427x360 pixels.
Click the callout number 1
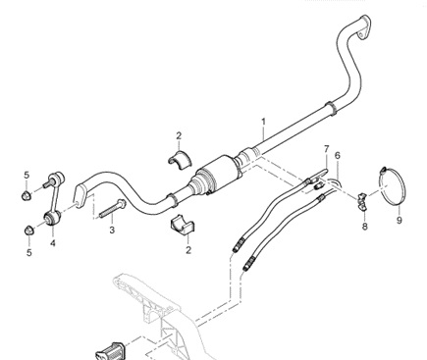pos(263,122)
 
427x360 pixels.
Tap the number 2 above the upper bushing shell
pos(179,135)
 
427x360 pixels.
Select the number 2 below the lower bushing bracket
pos(188,250)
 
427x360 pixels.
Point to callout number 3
pos(112,230)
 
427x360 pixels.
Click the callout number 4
pos(53,243)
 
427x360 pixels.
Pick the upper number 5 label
pos(27,176)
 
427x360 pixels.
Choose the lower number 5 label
pos(29,253)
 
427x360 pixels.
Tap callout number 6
pos(338,155)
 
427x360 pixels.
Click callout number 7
pos(326,149)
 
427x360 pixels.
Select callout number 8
pos(365,226)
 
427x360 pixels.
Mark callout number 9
pos(399,221)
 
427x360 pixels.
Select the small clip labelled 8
pos(362,201)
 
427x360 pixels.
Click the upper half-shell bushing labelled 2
pos(181,159)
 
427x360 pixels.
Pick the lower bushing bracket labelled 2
pos(183,225)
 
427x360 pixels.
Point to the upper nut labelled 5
pos(27,195)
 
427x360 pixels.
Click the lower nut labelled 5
pos(29,231)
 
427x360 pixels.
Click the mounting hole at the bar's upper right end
pos(361,34)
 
